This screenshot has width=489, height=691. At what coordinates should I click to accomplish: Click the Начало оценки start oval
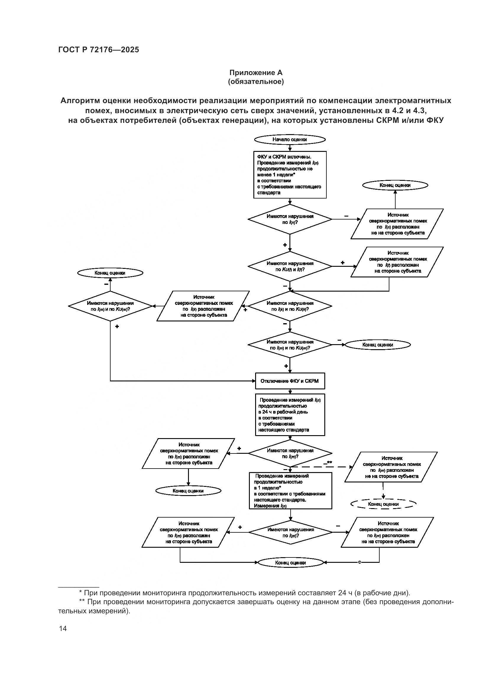click(290, 140)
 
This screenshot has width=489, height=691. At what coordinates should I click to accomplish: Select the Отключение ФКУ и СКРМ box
click(290, 381)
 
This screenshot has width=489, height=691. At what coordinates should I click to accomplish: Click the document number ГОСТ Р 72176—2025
click(98, 50)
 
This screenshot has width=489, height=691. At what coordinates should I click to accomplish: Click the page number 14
click(63, 628)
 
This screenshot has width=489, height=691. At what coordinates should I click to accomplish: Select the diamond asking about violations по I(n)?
click(290, 220)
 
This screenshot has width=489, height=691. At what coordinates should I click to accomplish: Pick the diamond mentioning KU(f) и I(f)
click(290, 266)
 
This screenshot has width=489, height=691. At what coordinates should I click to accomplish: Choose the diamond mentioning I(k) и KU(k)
click(290, 306)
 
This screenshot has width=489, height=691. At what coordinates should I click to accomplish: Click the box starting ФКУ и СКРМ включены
click(290, 175)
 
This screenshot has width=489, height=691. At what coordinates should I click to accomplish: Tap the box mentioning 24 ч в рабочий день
click(290, 415)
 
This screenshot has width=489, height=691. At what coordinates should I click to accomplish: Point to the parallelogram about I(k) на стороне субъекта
click(203, 306)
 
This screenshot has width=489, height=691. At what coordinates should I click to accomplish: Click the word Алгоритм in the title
click(80, 100)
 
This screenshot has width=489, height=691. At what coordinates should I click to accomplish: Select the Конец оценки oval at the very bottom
click(290, 562)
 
